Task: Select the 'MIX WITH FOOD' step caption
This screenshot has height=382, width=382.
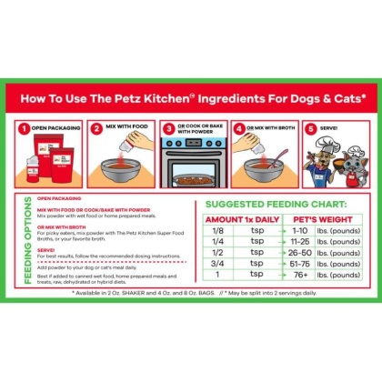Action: [126, 128]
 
